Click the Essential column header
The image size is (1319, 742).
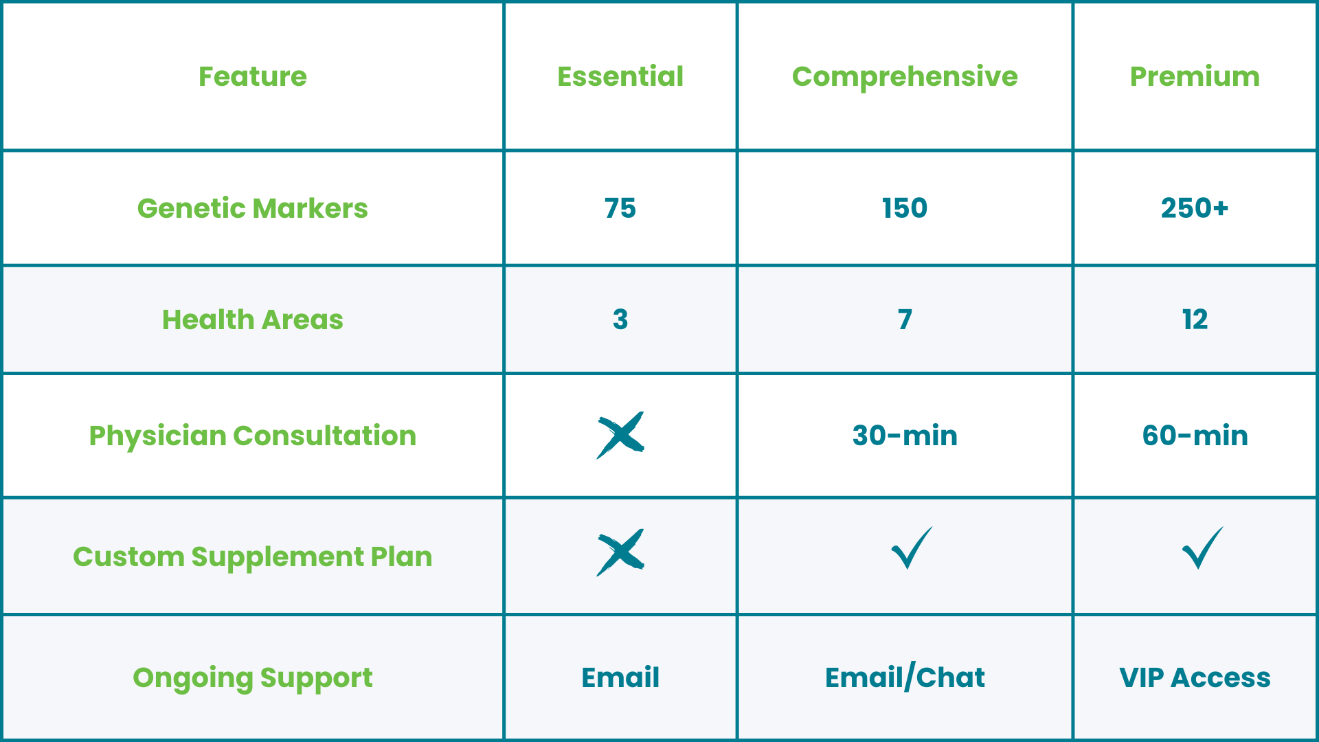(620, 76)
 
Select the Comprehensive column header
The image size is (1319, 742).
(905, 77)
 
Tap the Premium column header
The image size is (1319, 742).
(1195, 76)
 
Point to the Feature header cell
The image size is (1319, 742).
(253, 76)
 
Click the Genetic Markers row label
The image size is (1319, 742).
(253, 208)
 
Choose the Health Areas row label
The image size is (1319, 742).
(253, 319)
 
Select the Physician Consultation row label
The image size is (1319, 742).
(253, 436)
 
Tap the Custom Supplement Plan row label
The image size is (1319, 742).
(253, 556)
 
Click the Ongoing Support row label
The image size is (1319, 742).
(253, 677)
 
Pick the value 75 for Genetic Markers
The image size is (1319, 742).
(620, 208)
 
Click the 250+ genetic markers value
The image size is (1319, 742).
(1195, 208)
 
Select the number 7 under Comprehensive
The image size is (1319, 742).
(905, 319)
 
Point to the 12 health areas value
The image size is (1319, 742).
(1195, 319)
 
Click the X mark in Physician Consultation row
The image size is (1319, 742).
(620, 436)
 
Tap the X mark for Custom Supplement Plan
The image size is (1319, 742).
(620, 552)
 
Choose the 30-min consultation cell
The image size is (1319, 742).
(905, 436)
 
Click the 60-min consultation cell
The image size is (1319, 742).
(1195, 436)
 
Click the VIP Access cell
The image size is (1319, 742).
(1195, 677)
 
